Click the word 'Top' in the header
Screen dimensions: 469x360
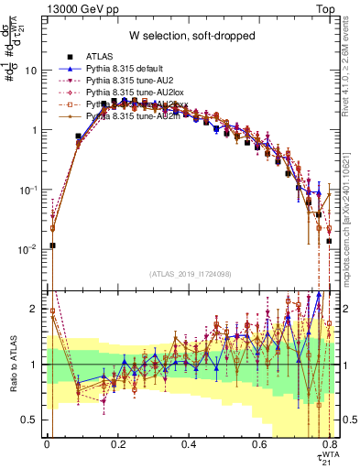pos(327,8)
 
